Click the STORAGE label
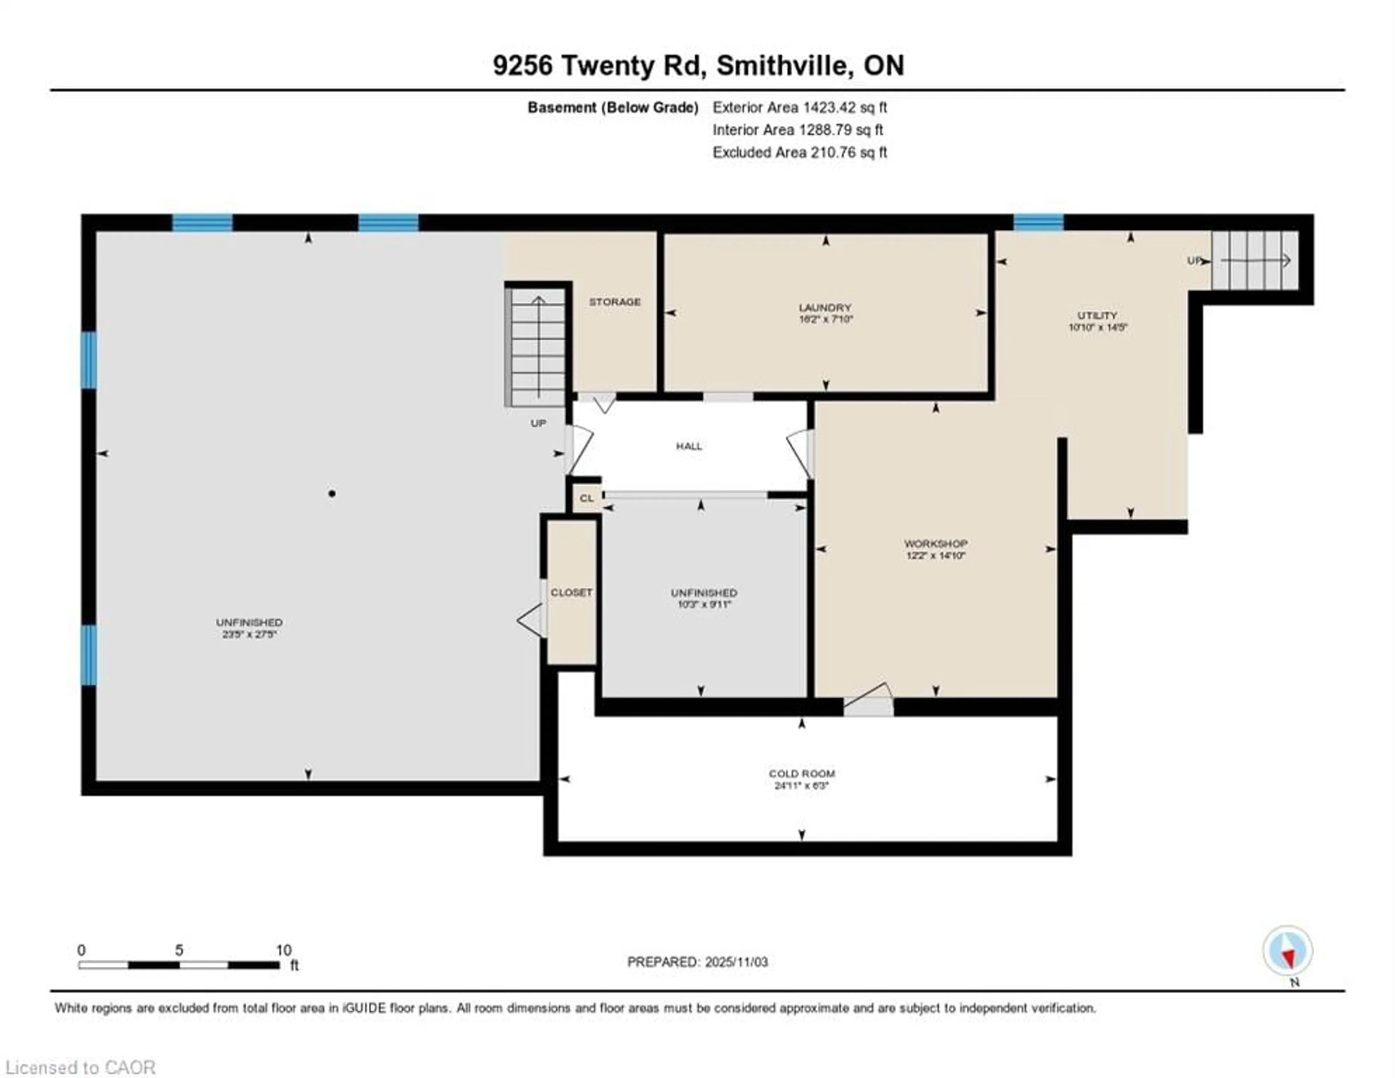click(614, 302)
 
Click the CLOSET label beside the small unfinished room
click(571, 592)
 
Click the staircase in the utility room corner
click(1255, 261)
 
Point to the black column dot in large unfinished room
click(332, 493)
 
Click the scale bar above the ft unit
click(179, 965)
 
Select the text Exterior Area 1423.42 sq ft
click(800, 107)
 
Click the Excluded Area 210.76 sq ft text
click(800, 152)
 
